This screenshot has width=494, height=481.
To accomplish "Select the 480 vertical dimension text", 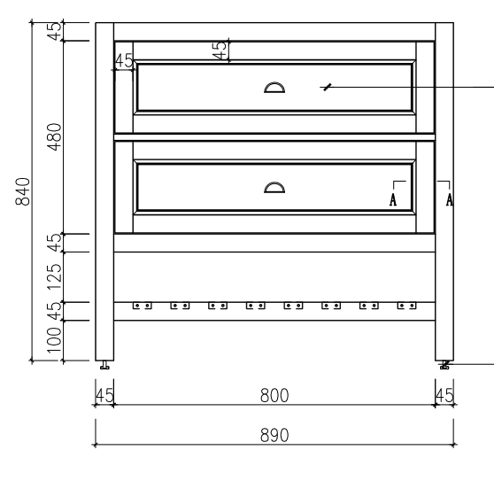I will pyautogui.click(x=54, y=136).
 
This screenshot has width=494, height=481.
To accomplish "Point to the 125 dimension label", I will pyautogui.click(x=54, y=276).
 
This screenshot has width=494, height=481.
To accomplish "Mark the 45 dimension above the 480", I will pyautogui.click(x=54, y=30).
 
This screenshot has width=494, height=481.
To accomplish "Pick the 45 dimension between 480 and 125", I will pyautogui.click(x=54, y=243).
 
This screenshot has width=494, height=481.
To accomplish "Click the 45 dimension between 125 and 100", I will pyautogui.click(x=54, y=311).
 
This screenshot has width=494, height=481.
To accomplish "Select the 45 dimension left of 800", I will pyautogui.click(x=104, y=394).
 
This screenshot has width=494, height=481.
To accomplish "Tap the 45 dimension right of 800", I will pyautogui.click(x=444, y=394).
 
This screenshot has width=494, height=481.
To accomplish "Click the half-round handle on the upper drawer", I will pyautogui.click(x=274, y=86).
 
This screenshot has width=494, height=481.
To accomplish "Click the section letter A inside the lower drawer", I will pyautogui.click(x=393, y=199).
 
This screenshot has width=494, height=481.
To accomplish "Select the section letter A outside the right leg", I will pyautogui.click(x=450, y=199).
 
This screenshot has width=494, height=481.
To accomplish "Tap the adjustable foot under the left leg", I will pyautogui.click(x=104, y=364).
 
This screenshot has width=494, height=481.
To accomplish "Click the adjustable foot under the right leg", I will pyautogui.click(x=444, y=364).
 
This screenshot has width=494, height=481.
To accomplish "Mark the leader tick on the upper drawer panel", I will pyautogui.click(x=328, y=86).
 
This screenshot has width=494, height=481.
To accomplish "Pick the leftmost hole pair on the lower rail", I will pyautogui.click(x=142, y=306).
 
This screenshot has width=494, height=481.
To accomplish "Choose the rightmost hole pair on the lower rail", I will pyautogui.click(x=406, y=306).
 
